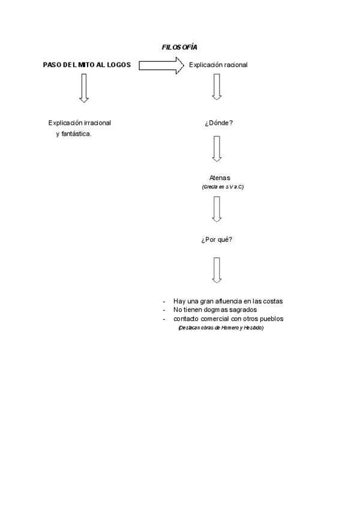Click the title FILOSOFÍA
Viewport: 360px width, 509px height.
point(179,47)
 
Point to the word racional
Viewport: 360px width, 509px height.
point(233,65)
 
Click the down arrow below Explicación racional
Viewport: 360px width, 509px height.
point(217,88)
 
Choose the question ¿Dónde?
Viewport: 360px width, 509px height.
point(218,123)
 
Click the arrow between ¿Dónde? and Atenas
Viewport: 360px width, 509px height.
point(217,148)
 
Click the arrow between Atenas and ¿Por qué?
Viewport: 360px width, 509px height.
point(217,209)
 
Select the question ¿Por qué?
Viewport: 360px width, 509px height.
point(217,239)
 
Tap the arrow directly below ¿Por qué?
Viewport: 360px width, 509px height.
point(217,270)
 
